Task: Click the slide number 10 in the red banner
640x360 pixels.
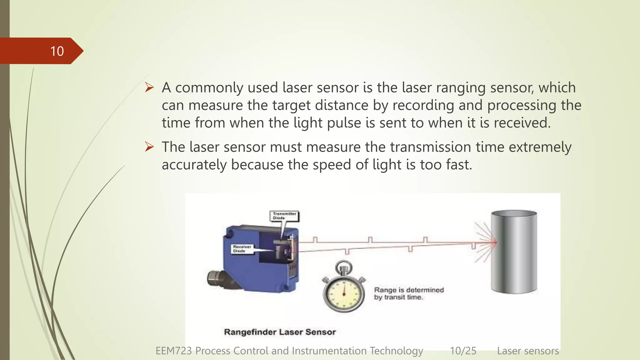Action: pyautogui.click(x=57, y=51)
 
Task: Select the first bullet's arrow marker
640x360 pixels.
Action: pyautogui.click(x=149, y=87)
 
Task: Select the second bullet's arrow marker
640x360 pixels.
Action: pyautogui.click(x=149, y=147)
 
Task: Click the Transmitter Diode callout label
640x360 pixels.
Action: pyautogui.click(x=284, y=216)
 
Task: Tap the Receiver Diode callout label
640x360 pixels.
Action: pyautogui.click(x=242, y=249)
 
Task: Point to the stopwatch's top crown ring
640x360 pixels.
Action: pyautogui.click(x=343, y=267)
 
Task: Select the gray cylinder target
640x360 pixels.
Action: pyautogui.click(x=514, y=252)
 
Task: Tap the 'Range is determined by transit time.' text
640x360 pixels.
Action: pyautogui.click(x=409, y=293)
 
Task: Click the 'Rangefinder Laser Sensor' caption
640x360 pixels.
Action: pyautogui.click(x=280, y=332)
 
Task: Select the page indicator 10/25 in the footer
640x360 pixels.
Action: pyautogui.click(x=463, y=351)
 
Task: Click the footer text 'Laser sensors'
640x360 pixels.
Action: pyautogui.click(x=528, y=351)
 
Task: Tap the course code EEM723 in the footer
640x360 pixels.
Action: pyautogui.click(x=173, y=351)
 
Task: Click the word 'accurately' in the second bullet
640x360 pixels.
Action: pyautogui.click(x=194, y=165)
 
